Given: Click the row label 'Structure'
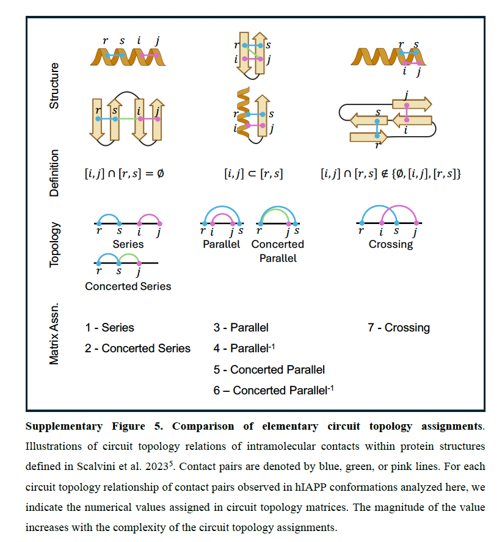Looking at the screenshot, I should [x=54, y=85].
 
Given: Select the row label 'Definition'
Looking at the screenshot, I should [x=54, y=173].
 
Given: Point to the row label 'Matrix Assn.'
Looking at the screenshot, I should [x=54, y=334].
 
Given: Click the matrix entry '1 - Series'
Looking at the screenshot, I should [x=109, y=328].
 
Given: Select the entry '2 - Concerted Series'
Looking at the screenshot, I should [x=137, y=349].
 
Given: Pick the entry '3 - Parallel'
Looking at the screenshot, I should [x=241, y=328].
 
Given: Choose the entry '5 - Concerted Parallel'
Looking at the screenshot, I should [x=269, y=369].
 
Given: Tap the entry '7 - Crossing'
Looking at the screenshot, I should [x=398, y=328].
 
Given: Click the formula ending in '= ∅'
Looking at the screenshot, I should [x=124, y=174].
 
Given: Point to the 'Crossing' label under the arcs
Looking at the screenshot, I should [x=391, y=244].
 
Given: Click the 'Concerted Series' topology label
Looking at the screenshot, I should [x=128, y=286].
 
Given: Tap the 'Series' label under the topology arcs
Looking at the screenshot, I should [x=128, y=244].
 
